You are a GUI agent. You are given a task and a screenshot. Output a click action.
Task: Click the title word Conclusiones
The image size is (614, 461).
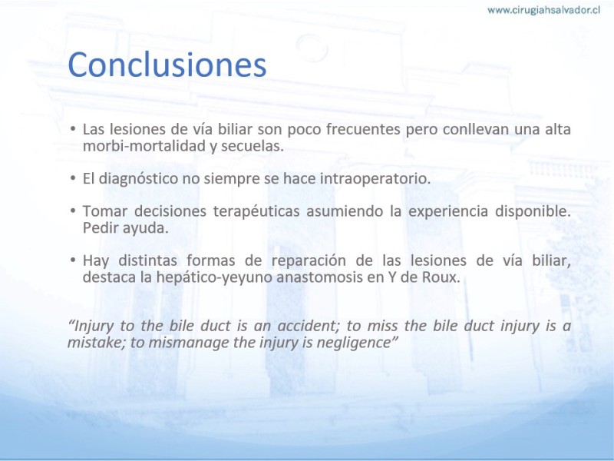click(x=167, y=65)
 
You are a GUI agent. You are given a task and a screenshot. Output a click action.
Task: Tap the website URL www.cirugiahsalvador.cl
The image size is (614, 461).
click(x=543, y=10)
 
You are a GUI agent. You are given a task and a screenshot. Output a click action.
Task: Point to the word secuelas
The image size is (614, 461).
click(x=253, y=146)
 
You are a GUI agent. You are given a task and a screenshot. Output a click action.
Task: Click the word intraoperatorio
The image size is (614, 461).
click(x=375, y=179)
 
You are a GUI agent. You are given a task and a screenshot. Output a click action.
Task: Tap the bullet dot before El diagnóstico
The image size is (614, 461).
click(x=73, y=178)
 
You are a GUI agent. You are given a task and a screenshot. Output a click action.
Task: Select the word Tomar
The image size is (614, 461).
click(x=104, y=211)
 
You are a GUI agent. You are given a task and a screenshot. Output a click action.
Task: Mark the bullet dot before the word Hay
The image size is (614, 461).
click(x=73, y=260)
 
